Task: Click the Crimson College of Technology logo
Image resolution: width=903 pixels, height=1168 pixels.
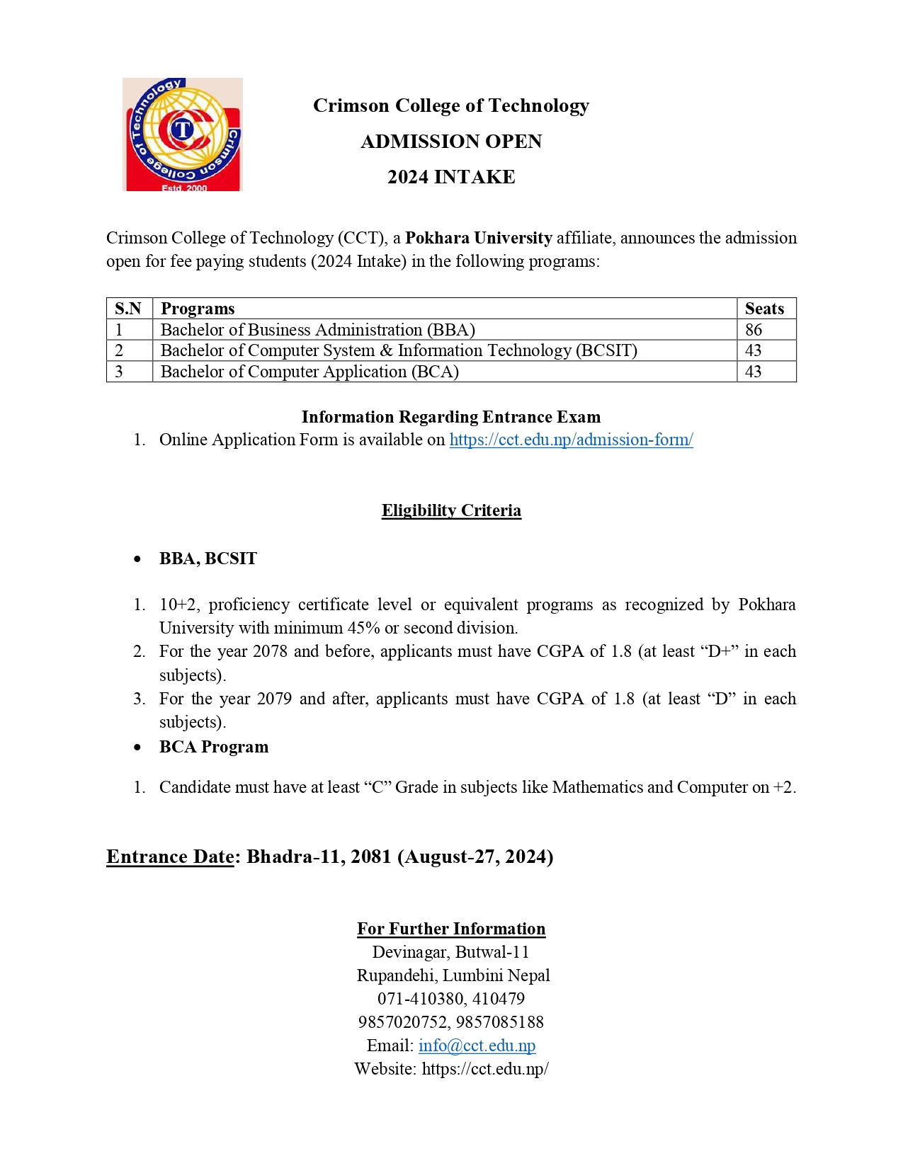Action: point(182,134)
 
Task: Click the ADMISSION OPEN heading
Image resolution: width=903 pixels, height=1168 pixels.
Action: point(451,142)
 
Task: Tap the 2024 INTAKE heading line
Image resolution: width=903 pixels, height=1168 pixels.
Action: point(451,177)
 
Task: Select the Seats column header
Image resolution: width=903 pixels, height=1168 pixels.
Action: point(764,309)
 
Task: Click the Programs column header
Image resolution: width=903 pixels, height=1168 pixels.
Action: point(198,309)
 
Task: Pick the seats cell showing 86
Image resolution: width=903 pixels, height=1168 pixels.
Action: point(754,330)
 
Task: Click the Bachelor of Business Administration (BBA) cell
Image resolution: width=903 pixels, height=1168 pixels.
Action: point(317,330)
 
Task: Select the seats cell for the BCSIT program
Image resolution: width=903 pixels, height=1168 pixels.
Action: point(754,350)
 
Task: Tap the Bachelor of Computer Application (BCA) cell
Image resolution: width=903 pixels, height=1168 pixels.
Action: point(309,372)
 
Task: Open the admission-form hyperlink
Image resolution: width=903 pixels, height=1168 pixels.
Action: point(571,440)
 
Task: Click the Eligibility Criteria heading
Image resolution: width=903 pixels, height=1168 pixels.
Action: point(451,510)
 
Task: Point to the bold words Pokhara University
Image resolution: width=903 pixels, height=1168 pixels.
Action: point(478,238)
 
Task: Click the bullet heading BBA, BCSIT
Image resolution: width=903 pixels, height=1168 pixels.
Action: point(208,559)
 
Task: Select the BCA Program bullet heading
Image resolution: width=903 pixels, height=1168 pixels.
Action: point(214,747)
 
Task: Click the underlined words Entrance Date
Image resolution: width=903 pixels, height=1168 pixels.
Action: point(170,857)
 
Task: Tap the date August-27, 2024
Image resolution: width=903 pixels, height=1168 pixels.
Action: point(475,857)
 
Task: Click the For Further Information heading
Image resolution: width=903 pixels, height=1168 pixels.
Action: point(451,929)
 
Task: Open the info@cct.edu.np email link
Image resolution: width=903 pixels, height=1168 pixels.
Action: point(477,1046)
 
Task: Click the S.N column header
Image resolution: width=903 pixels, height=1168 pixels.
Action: point(128,309)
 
